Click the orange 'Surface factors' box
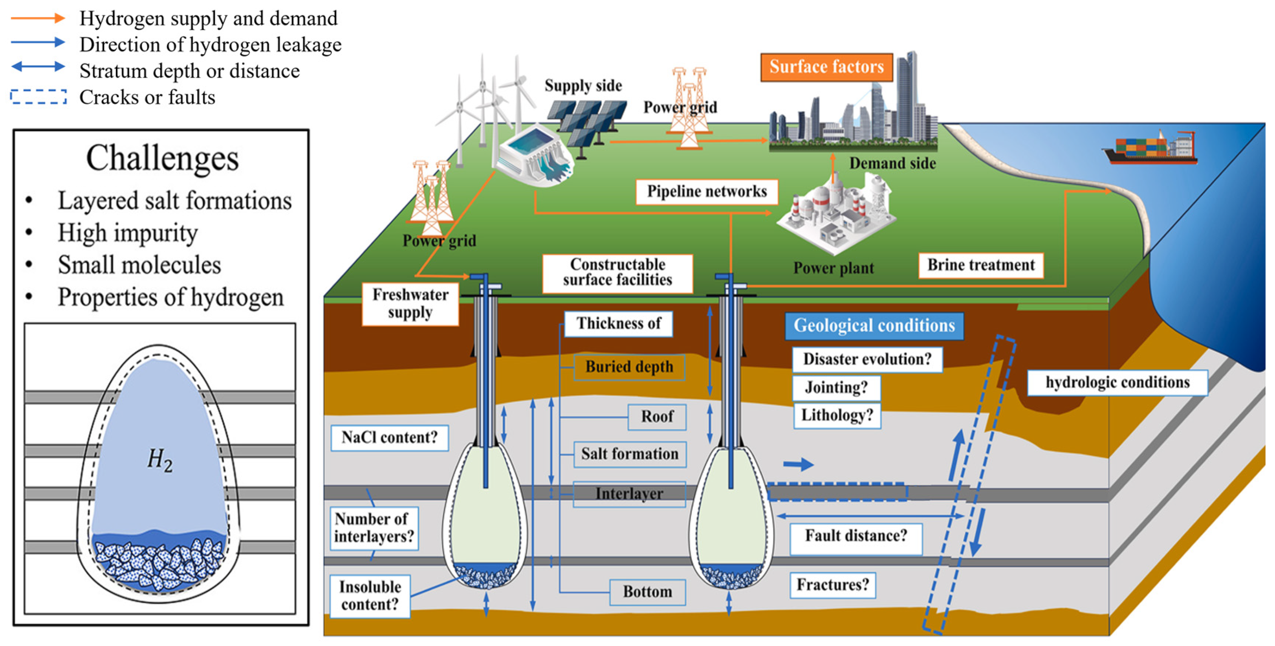pyautogui.click(x=826, y=67)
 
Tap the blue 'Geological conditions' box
pyautogui.click(x=874, y=326)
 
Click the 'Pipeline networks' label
pyautogui.click(x=706, y=192)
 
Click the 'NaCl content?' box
pyautogui.click(x=390, y=438)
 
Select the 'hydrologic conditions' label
pyautogui.click(x=1117, y=383)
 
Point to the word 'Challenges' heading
pyautogui.click(x=162, y=158)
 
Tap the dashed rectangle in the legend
pyautogui.click(x=38, y=97)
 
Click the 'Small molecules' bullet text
pyautogui.click(x=139, y=265)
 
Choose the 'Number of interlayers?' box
pyautogui.click(x=374, y=528)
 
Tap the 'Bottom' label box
pyautogui.click(x=647, y=592)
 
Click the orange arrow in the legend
pyautogui.click(x=38, y=18)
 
